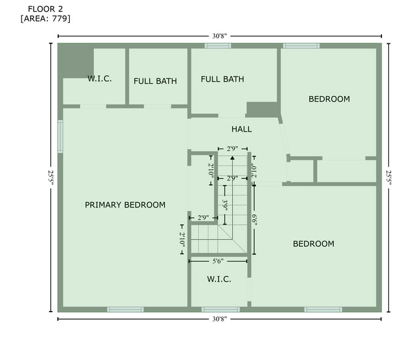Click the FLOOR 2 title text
click(45, 9)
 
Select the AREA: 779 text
click(45, 19)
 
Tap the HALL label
click(242, 129)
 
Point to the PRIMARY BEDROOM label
click(125, 204)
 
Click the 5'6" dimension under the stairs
click(219, 261)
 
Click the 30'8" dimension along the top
click(220, 37)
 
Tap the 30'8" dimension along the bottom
click(220, 319)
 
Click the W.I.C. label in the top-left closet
click(99, 79)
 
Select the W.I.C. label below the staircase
click(219, 279)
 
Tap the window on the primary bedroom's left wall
click(60, 137)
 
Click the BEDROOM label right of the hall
click(329, 99)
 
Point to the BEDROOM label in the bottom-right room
click(313, 244)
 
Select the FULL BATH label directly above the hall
click(222, 79)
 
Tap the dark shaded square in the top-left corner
click(77, 61)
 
